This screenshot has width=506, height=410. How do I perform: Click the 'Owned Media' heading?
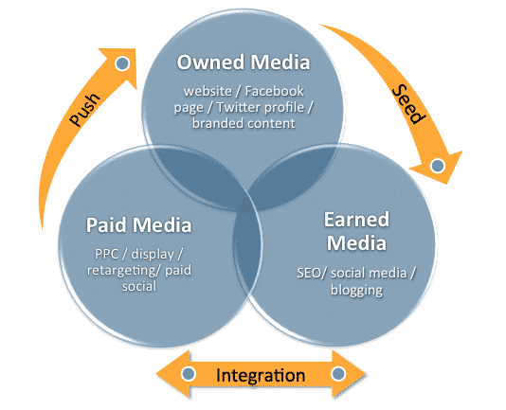click(x=244, y=62)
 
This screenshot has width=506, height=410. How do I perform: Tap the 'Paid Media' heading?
click(x=138, y=224)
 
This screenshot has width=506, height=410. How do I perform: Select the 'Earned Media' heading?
click(x=356, y=231)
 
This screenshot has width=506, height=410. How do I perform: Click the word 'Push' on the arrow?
click(x=85, y=109)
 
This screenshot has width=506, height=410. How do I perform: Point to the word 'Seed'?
click(x=408, y=104)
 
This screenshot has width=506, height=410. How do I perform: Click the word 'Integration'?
click(x=261, y=375)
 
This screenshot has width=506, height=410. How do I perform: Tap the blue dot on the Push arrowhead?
click(x=122, y=63)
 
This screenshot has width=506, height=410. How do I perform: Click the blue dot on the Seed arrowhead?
click(x=438, y=166)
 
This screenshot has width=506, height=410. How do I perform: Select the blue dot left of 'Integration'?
click(x=189, y=374)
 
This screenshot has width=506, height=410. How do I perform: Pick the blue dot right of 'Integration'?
click(x=338, y=374)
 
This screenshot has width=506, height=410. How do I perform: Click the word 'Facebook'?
click(x=274, y=91)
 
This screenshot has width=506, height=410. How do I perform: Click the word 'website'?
click(x=208, y=91)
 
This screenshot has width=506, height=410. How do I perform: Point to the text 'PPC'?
click(x=107, y=254)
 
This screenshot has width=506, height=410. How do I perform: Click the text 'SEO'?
click(x=309, y=274)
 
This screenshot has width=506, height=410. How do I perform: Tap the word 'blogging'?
click(x=356, y=290)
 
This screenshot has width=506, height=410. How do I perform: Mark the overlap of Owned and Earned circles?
click(x=291, y=177)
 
